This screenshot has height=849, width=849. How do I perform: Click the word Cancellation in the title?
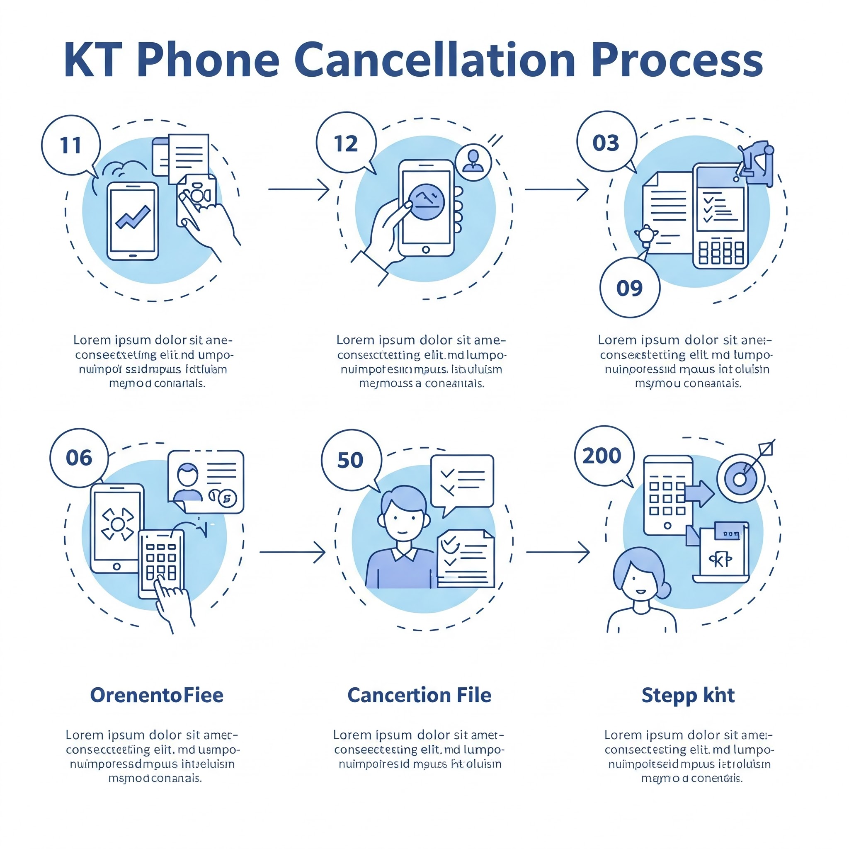coord(434,60)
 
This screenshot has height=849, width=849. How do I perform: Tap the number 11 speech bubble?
coord(71,146)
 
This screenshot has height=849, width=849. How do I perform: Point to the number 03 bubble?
coord(606,142)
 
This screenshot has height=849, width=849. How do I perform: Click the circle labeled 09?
coord(629,288)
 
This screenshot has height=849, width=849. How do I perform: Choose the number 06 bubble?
coord(79,458)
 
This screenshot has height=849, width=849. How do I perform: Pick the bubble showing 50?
coord(351,460)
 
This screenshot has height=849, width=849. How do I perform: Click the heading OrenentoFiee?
coord(157,695)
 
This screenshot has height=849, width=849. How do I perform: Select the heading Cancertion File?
coord(419,695)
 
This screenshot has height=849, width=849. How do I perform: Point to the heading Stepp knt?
coord(688,695)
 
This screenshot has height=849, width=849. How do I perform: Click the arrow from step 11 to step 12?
coord(299,189)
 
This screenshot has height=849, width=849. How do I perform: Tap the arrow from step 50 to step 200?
coord(558,552)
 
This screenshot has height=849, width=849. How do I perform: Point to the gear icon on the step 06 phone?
coord(117,524)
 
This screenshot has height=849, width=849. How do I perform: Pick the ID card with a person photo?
coord(206,481)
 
